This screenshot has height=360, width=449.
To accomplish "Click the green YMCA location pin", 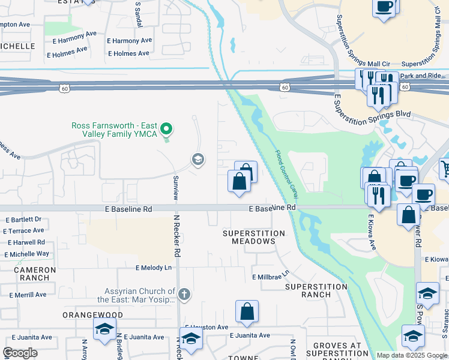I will tap(167, 129).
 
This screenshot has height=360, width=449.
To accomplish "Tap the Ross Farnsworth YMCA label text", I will tap(114, 130).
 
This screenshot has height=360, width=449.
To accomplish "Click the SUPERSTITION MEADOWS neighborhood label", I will tap(254, 237).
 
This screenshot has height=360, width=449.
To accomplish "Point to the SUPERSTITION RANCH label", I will tap(316, 290).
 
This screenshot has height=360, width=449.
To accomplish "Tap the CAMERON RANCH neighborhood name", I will tap(35, 274).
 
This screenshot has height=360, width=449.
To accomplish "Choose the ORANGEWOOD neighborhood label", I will tap(93, 315).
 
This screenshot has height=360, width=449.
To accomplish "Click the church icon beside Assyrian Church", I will tap(184, 294).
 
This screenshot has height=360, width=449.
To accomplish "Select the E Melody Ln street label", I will tap(153, 268).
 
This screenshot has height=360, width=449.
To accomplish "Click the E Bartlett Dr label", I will tap(23, 220).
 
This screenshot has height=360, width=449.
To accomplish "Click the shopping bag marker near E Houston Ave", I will tap(247, 312).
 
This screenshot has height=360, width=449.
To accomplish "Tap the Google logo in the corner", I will tap(20, 353).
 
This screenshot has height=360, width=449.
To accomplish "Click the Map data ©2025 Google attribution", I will tap(412, 355).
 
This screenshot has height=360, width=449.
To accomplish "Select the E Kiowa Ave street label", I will tap(372, 233).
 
